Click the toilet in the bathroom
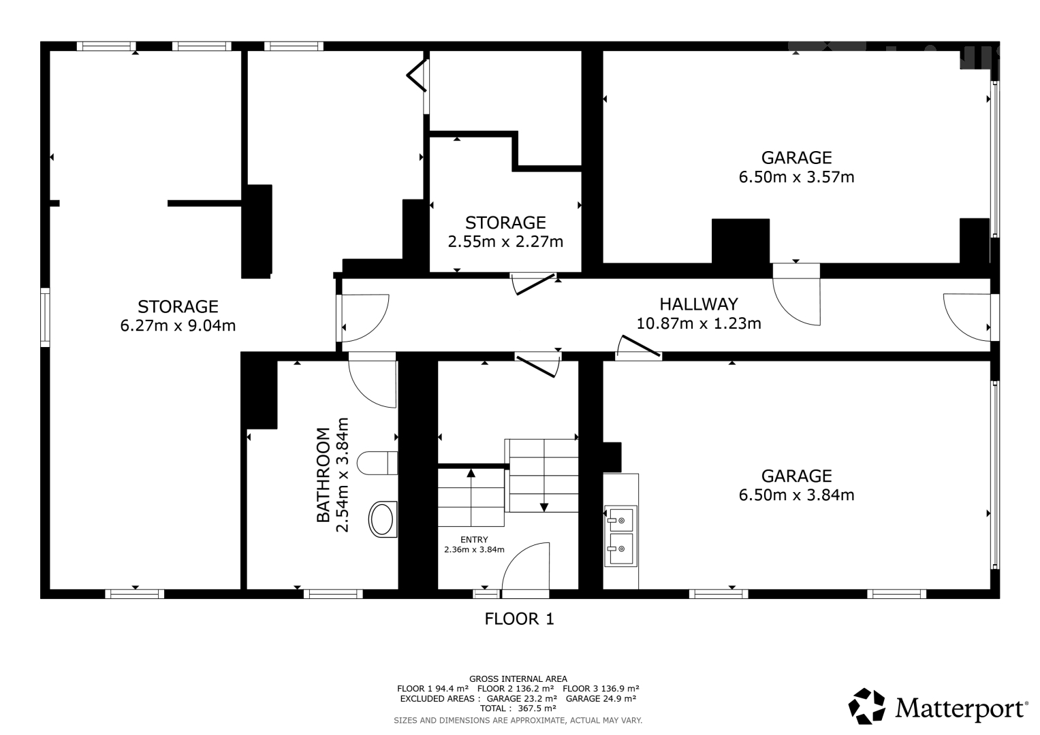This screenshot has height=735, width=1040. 377,463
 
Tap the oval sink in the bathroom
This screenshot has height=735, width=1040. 383,519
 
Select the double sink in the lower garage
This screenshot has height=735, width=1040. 620,536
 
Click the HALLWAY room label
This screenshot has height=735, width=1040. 699,304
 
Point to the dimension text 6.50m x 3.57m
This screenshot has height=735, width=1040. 796,177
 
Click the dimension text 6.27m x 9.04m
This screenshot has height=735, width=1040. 178,326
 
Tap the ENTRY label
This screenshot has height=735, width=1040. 474,540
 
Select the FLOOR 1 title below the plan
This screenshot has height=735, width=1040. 519,619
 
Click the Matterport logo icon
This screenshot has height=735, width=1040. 866,706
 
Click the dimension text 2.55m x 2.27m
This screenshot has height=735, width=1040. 505,242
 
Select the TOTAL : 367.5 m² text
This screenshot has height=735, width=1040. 518,708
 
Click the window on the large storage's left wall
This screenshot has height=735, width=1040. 45,317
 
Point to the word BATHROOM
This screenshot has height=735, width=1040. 323,475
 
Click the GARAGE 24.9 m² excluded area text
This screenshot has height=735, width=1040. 601,699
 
